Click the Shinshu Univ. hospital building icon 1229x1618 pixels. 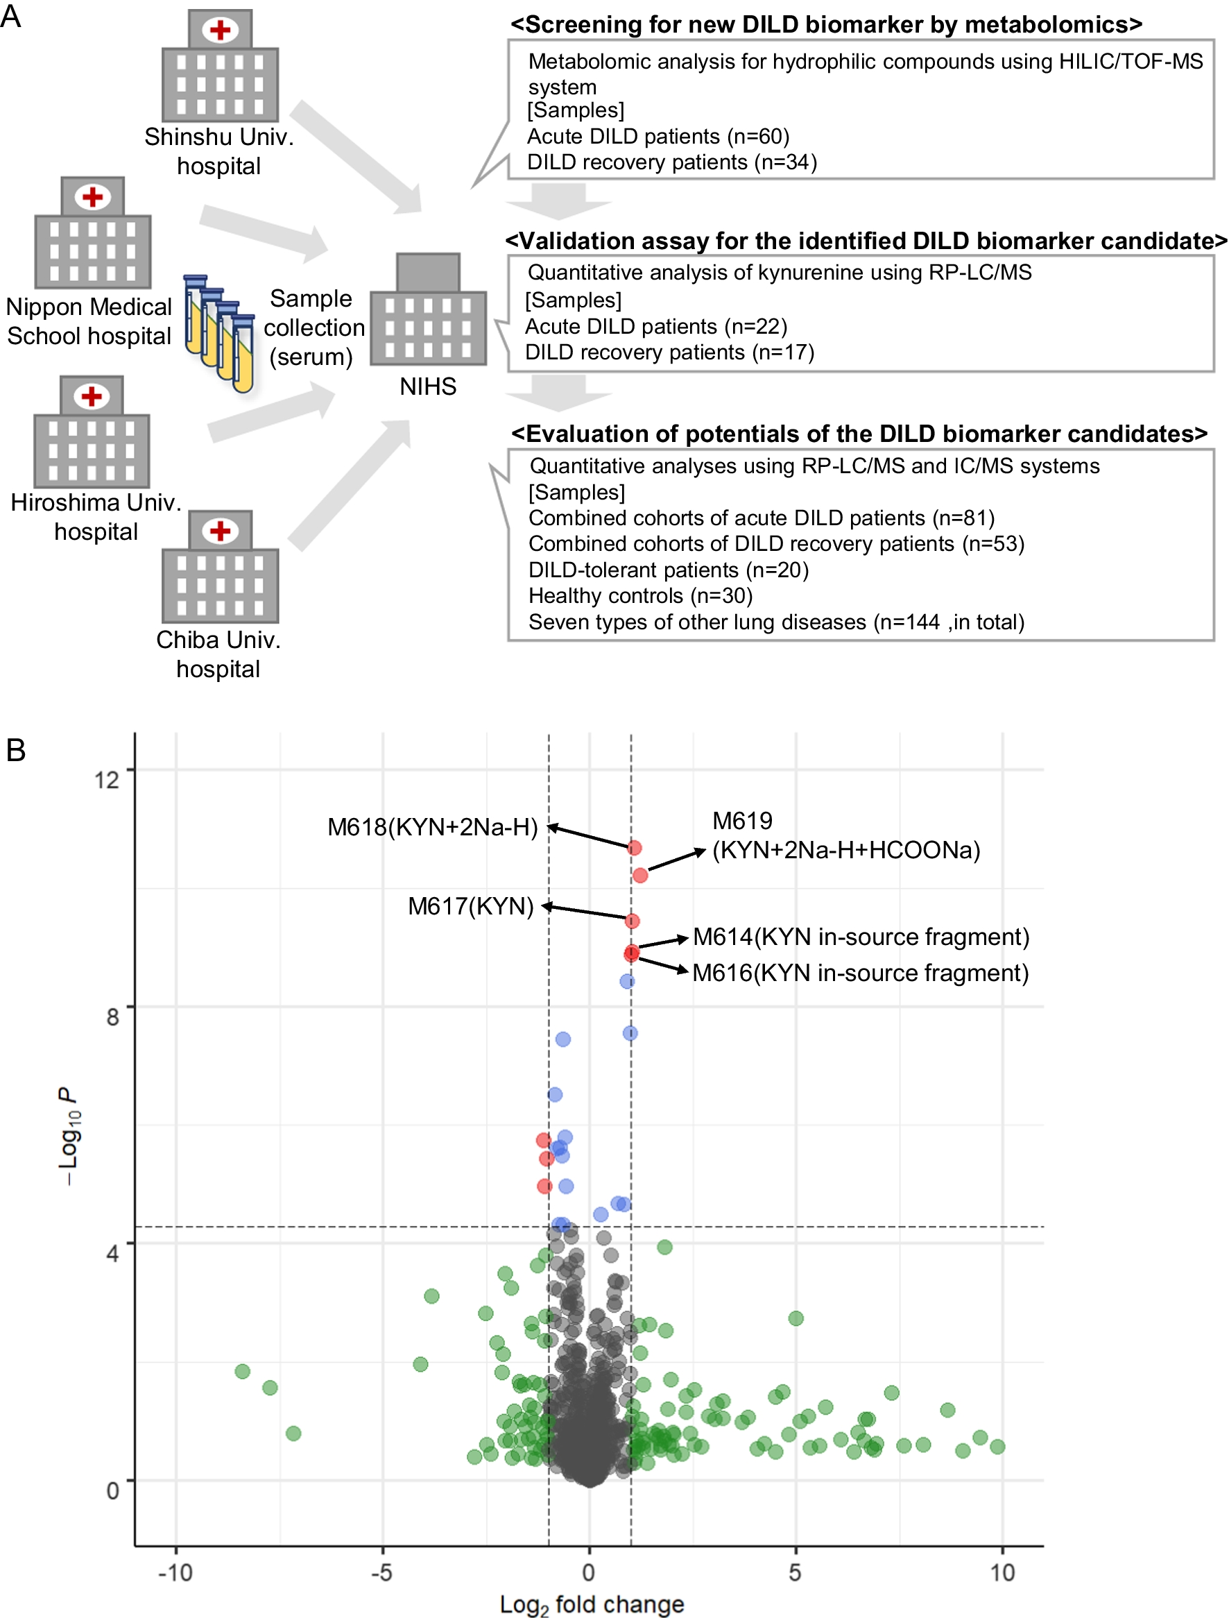[x=219, y=66]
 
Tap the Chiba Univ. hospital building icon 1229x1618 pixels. [x=219, y=566]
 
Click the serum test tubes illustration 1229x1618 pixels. [x=218, y=333]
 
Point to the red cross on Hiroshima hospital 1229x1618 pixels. [x=92, y=396]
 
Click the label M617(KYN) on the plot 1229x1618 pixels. [x=470, y=906]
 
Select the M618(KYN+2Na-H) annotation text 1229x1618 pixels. [x=432, y=827]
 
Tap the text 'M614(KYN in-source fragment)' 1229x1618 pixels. [x=860, y=937]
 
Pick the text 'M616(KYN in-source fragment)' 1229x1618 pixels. [x=860, y=973]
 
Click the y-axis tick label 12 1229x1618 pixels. [x=107, y=779]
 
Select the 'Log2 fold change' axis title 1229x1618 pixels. [x=591, y=1604]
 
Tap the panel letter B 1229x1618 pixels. [x=16, y=751]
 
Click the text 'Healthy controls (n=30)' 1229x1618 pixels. [x=640, y=596]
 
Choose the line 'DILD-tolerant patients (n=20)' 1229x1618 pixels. [x=668, y=570]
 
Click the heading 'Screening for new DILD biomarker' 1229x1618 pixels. [x=826, y=24]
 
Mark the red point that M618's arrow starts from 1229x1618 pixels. [x=634, y=847]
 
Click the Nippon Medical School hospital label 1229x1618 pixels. [x=89, y=321]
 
